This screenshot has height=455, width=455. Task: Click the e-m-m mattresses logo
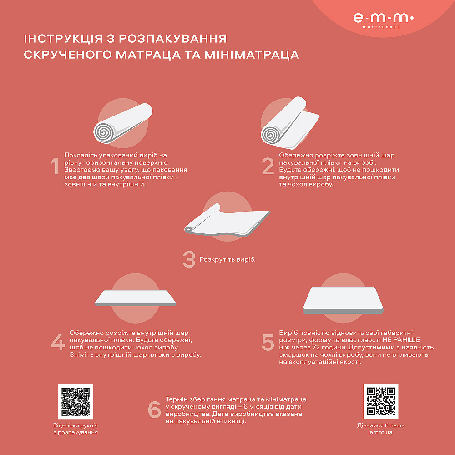tap(383, 20)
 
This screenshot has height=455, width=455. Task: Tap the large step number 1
tap(55, 167)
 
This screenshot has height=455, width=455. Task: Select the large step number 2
tap(268, 167)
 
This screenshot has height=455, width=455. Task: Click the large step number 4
tap(58, 343)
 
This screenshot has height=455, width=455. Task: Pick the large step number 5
tap(268, 343)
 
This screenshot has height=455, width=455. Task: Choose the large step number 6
tap(155, 409)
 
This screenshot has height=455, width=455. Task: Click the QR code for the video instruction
tap(76, 402)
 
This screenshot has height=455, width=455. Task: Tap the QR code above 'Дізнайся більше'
tap(381, 401)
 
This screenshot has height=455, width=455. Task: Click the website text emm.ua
tap(381, 432)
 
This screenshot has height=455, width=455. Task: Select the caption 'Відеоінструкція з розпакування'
tap(76, 429)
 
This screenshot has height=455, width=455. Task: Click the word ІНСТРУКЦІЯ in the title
tap(63, 38)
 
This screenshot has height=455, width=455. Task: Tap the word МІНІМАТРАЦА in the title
tap(255, 55)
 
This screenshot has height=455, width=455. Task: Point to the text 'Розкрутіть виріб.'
tap(227, 260)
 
